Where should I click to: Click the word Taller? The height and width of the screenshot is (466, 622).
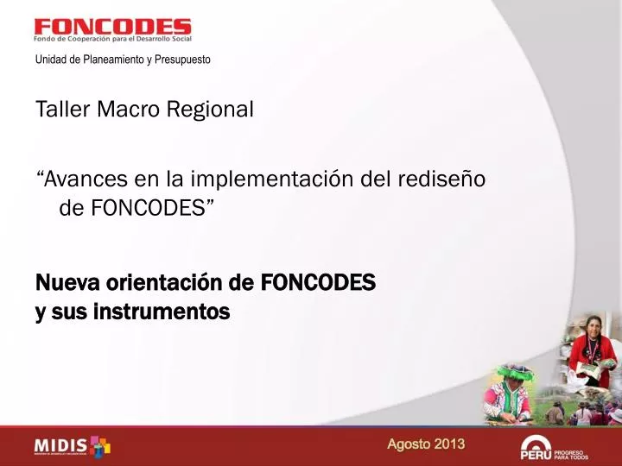pos(61,110)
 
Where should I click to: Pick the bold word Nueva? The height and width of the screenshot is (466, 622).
pos(67,282)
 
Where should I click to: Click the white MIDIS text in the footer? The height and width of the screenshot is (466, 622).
pos(60,446)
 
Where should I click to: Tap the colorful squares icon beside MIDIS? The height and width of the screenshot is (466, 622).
pos(101,445)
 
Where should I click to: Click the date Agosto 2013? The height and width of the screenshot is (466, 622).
pos(425,444)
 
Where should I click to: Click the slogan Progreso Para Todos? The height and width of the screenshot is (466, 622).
pos(571,453)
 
